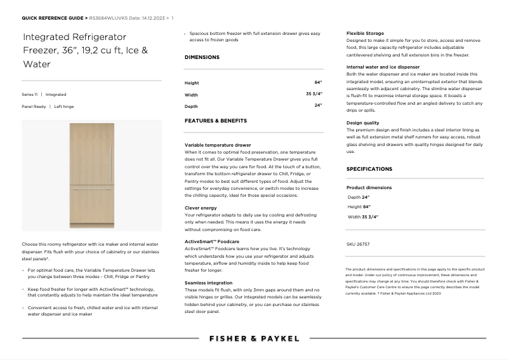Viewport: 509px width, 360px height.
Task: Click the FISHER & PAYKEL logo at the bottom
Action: pyautogui.click(x=254, y=338)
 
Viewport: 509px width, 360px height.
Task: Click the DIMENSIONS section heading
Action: pyautogui.click(x=202, y=57)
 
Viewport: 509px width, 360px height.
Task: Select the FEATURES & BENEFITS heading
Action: pyautogui.click(x=216, y=120)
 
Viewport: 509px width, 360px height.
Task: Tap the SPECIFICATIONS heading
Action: pyautogui.click(x=369, y=169)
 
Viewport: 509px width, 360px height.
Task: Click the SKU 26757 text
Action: pyautogui.click(x=358, y=244)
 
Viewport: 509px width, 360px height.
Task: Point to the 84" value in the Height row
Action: pyautogui.click(x=318, y=83)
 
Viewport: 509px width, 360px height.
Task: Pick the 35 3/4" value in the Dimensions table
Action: pyautogui.click(x=314, y=94)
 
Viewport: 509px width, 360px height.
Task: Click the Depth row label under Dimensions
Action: pyautogui.click(x=191, y=106)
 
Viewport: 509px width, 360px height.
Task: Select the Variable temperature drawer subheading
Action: pyautogui.click(x=218, y=145)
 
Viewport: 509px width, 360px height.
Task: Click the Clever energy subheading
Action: pyautogui.click(x=201, y=208)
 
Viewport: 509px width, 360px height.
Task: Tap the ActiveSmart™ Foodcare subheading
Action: pyautogui.click(x=212, y=241)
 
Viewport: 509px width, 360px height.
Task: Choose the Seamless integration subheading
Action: pyautogui.click(x=208, y=283)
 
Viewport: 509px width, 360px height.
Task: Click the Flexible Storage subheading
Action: pyautogui.click(x=365, y=33)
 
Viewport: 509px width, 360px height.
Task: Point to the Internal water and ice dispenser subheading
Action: pyautogui.click(x=383, y=67)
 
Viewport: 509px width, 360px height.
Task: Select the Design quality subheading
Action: pyautogui.click(x=363, y=123)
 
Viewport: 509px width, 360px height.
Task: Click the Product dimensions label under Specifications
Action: pyautogui.click(x=369, y=188)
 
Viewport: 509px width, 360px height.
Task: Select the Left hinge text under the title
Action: pyautogui.click(x=64, y=107)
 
